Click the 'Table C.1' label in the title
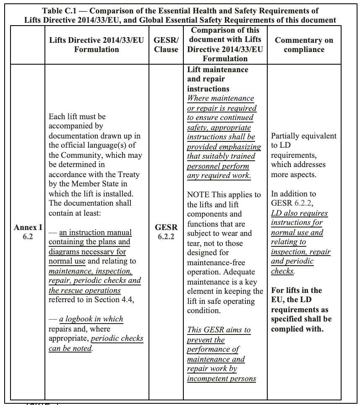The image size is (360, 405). click(59, 11)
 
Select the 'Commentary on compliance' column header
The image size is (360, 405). click(304, 44)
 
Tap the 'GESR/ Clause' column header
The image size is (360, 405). click(166, 44)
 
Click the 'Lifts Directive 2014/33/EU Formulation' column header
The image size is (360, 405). click(97, 44)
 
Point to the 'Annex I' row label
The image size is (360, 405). click(28, 227)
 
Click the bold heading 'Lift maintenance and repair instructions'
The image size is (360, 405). click(218, 79)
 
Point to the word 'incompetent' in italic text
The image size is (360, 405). click(206, 379)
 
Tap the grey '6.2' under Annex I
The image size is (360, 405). click(28, 237)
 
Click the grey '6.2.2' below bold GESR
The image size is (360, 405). click(166, 237)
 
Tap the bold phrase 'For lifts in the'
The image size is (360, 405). click(296, 290)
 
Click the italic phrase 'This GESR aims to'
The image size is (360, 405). click(219, 330)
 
